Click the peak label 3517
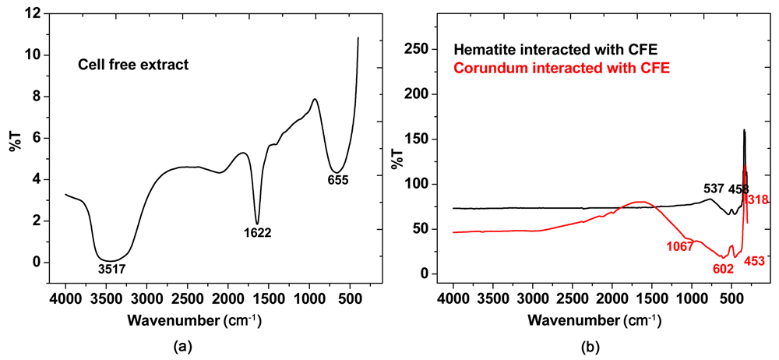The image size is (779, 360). coord(112,270)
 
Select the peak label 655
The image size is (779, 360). coord(337,180)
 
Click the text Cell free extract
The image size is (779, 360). coord(132,65)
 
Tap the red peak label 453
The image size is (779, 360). coord(754,262)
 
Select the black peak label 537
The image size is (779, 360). coord(714,189)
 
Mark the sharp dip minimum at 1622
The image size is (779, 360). coord(257,224)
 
